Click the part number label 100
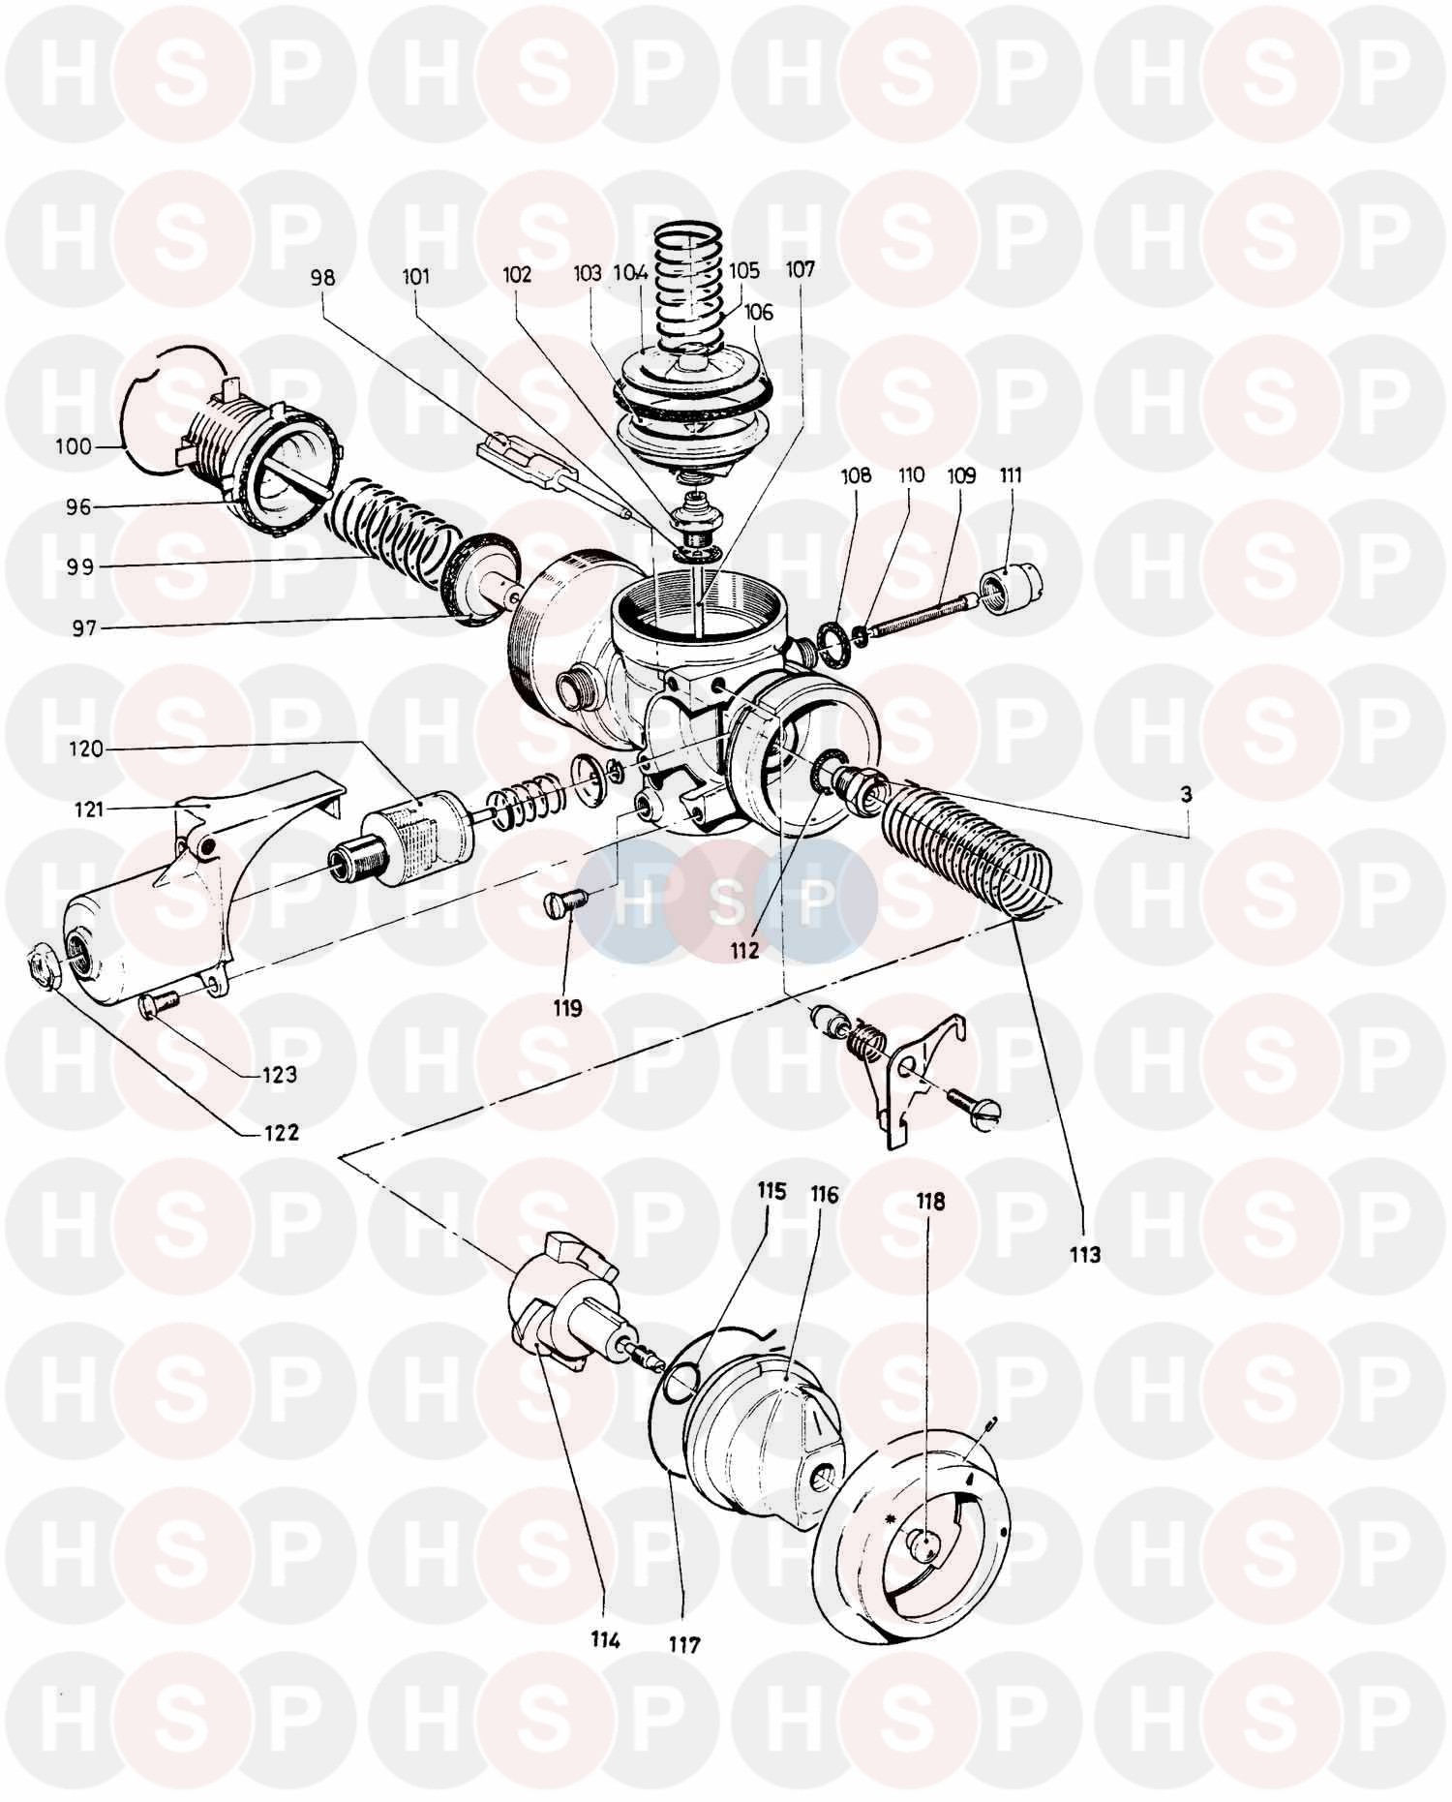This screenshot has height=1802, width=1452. [74, 447]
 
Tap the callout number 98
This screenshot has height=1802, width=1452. [322, 278]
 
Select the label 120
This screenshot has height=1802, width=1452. [85, 748]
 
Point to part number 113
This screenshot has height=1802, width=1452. [1085, 1255]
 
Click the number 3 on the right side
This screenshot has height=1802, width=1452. [1187, 794]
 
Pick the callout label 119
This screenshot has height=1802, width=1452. [567, 1008]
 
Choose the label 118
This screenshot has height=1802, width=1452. [930, 1202]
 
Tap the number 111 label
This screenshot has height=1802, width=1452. [1012, 475]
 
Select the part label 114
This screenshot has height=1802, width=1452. [606, 1640]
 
